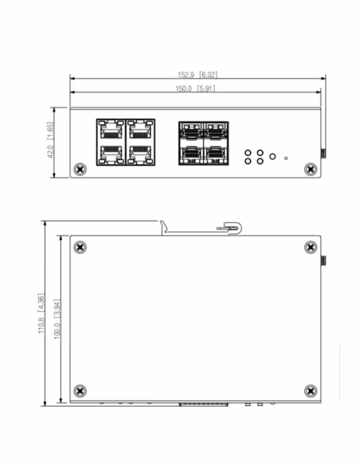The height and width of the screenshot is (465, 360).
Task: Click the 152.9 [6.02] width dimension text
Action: coord(197,74)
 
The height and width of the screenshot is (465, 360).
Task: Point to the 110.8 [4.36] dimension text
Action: coord(41,315)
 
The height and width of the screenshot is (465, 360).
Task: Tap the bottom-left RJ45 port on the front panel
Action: coord(110,153)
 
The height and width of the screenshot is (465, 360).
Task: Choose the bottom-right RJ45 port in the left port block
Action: coord(139,153)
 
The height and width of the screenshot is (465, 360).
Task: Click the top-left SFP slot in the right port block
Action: coord(192,129)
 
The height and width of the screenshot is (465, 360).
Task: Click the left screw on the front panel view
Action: coord(80,170)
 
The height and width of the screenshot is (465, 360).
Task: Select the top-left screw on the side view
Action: coord(80,248)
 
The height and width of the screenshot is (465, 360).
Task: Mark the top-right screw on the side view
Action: coord(311,248)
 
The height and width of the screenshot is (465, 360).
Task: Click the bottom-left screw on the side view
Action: coord(80,391)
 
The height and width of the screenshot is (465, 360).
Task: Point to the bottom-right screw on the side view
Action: coord(311,391)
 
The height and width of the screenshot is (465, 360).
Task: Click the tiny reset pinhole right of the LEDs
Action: coord(286,158)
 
